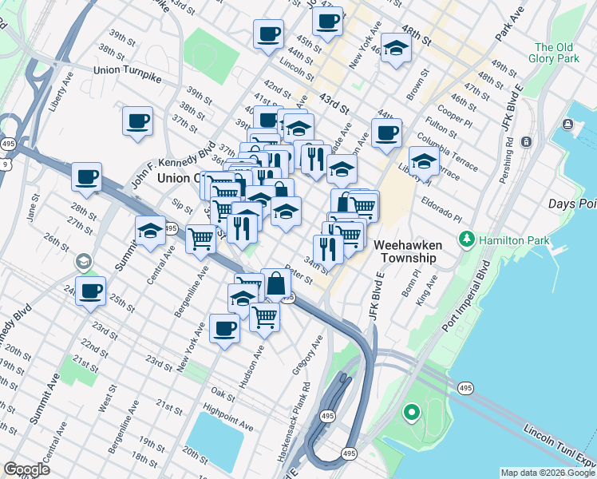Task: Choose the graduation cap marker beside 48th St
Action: pos(396,49)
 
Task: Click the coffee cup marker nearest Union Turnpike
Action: pos(137,121)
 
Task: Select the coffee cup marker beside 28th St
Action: pos(86,177)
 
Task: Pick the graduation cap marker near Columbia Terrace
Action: pos(424,162)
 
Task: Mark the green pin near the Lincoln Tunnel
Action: pos(411,413)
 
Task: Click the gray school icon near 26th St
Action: pos(83,262)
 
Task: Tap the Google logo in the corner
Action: pos(26,469)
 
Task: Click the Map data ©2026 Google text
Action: pos(546,473)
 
